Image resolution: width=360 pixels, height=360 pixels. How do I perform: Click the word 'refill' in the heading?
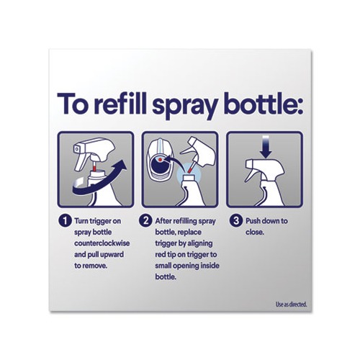[120, 104]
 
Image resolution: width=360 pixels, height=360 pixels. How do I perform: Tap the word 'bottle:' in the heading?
[264, 104]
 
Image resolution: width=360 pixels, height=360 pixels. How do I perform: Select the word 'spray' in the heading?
[185, 107]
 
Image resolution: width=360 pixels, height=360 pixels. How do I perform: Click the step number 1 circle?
[65, 221]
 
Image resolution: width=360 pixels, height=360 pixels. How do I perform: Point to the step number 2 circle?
[145, 221]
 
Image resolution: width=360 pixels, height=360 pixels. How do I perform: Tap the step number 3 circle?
[236, 221]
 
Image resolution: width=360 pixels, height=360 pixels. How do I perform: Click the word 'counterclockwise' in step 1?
[102, 243]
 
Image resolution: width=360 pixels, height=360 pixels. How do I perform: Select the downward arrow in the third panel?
[266, 147]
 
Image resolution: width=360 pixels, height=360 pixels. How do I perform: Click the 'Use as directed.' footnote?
[292, 305]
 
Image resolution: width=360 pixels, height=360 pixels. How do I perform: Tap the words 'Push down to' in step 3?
[266, 221]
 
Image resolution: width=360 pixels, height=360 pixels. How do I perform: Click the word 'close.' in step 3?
[255, 232]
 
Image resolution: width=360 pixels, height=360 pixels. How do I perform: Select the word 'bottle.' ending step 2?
[166, 276]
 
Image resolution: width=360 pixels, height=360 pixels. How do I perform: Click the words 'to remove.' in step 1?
[91, 266]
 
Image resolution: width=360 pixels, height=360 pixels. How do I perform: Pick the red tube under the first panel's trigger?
[94, 166]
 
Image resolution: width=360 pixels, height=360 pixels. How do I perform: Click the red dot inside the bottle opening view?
[161, 159]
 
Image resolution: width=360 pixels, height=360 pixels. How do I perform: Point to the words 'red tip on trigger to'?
[186, 254]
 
